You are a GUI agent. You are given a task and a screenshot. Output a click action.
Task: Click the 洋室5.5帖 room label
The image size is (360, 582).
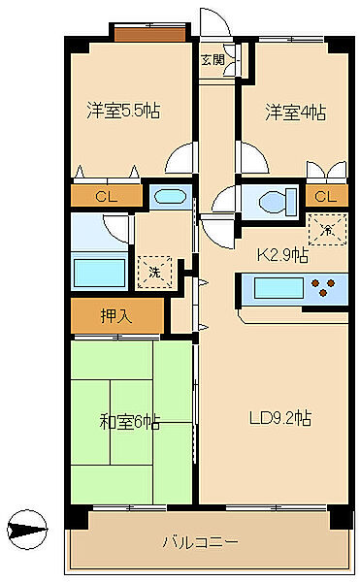coord(123,111)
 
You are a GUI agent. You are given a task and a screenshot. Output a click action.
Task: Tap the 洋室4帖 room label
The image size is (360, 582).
coord(296,113)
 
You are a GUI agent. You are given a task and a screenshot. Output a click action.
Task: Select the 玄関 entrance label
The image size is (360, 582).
coord(213,60)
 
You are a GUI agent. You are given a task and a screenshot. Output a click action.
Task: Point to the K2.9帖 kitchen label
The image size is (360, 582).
coord(282,254)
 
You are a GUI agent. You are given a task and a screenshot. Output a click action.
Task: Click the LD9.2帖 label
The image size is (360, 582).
coord(280,418)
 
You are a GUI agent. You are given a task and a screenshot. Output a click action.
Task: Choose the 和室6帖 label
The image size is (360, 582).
coord(129,422)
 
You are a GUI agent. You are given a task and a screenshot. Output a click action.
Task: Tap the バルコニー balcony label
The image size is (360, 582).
coord(201,542)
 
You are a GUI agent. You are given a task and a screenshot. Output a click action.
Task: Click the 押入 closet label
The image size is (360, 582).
coord(116,316)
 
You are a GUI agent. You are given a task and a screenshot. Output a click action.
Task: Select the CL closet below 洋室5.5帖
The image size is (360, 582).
coord(106,196)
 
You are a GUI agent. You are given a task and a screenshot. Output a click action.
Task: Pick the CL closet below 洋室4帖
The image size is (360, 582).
coord(325,196)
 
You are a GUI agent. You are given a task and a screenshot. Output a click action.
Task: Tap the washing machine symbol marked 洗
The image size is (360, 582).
coord(154,272)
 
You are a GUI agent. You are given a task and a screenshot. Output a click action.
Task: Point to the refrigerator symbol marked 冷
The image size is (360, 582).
coord(327,230)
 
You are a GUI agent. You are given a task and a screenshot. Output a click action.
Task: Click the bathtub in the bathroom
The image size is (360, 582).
coord(100,273)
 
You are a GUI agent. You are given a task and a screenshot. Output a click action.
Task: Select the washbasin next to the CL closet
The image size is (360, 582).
coord(170,196)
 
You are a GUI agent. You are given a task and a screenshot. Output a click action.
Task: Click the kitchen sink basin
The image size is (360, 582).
coord(278,288)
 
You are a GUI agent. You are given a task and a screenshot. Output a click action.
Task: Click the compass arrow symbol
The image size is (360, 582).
coord(28,530)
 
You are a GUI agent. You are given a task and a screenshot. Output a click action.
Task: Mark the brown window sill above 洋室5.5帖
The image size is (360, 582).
coord(150,35)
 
